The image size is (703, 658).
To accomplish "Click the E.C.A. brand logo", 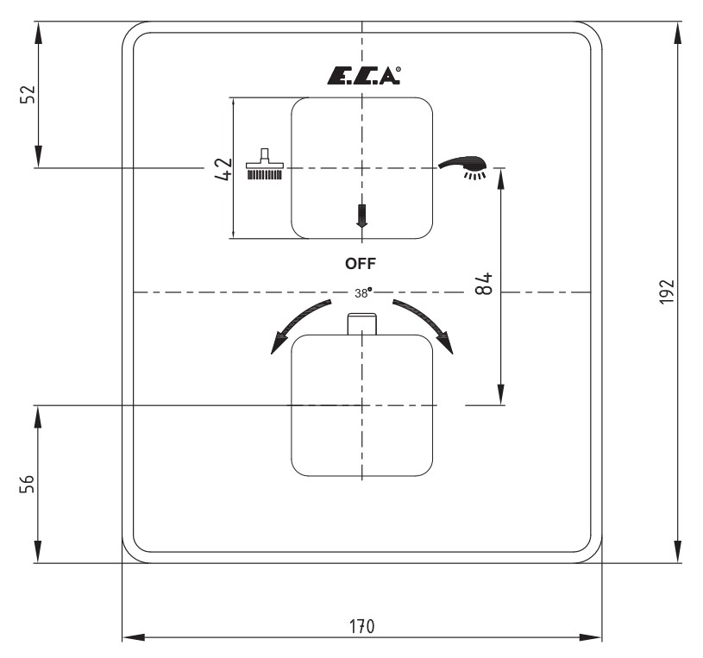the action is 362,76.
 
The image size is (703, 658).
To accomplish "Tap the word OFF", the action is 361,264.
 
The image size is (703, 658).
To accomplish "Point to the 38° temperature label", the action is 363,293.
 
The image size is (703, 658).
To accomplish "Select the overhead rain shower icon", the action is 265,164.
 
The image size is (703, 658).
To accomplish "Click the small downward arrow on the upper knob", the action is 361,216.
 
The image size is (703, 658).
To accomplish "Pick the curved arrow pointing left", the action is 299,325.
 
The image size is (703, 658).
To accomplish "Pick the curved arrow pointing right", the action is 424,325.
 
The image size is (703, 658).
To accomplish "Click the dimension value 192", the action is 667,292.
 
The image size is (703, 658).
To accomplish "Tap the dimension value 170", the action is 361,626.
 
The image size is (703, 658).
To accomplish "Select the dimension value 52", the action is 28,94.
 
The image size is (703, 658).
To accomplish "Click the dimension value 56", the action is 27,484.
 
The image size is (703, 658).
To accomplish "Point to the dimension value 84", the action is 484,283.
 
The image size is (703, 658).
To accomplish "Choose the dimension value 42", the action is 223,169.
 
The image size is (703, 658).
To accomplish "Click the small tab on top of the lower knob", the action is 362,324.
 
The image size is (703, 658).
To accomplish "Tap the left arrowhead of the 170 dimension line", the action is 133,637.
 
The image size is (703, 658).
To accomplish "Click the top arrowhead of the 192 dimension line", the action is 678,33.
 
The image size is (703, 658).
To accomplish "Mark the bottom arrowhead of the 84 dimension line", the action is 501,394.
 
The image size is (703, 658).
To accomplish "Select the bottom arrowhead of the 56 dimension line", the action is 39,552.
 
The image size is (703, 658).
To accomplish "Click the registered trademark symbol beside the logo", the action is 399,69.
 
